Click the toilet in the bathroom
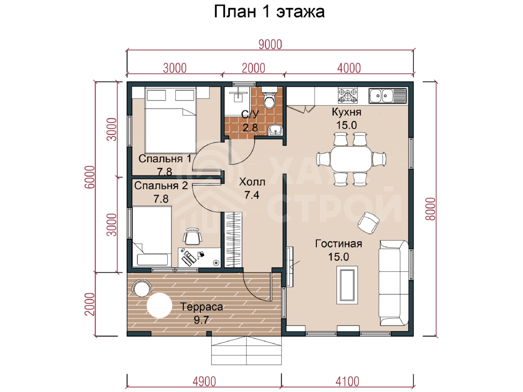[269, 98]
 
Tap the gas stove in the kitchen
[348, 95]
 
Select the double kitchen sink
[388, 96]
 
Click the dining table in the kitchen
[351, 159]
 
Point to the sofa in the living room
[393, 283]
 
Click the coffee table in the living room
[347, 285]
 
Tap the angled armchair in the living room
[369, 223]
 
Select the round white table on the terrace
[159, 306]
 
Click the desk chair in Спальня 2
[192, 236]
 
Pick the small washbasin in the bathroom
[276, 130]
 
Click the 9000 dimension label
[270, 45]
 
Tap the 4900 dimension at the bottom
[204, 382]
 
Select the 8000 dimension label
[430, 209]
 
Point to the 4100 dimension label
[347, 382]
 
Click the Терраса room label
[201, 307]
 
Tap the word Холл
[252, 182]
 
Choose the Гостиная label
[339, 244]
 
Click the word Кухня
[346, 112]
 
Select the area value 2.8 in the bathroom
[250, 127]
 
